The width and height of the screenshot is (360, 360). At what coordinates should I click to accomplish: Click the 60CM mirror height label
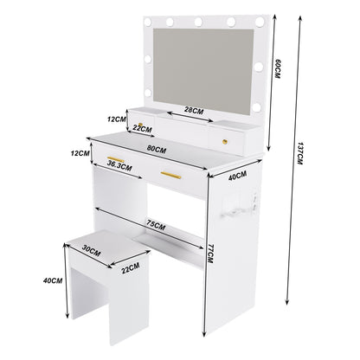278,68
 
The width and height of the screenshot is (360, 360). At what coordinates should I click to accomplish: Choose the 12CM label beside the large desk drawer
80,153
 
